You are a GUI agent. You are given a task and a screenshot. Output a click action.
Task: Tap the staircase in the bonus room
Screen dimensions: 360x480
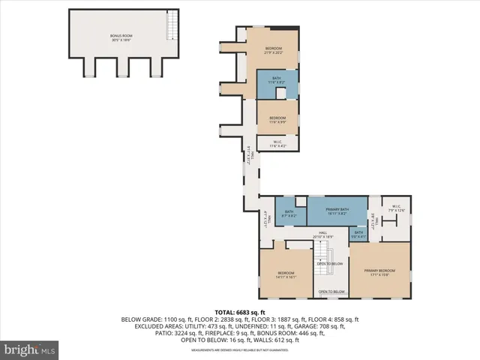click(172, 27)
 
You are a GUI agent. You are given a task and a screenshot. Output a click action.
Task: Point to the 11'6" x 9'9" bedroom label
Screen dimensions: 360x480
click(277, 118)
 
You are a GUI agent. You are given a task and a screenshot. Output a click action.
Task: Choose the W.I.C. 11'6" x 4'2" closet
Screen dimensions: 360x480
click(277, 143)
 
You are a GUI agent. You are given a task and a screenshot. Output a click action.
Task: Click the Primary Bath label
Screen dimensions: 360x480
click(337, 211)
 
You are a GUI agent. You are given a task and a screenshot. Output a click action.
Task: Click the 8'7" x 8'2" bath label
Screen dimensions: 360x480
click(289, 214)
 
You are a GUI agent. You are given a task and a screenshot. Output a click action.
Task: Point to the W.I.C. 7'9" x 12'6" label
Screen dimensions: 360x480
click(395, 208)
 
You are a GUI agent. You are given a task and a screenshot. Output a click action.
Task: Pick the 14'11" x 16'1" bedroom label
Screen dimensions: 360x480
click(286, 274)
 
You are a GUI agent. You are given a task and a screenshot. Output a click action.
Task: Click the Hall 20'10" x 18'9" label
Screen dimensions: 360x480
click(323, 235)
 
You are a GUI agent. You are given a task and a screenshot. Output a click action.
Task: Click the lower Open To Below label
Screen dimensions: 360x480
click(331, 292)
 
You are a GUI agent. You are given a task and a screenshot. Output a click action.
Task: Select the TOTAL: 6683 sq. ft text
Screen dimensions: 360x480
click(240, 312)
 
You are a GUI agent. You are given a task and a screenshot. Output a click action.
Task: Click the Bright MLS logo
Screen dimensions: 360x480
click(30, 349)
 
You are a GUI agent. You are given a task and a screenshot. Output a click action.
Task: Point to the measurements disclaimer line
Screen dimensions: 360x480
click(240, 350)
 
